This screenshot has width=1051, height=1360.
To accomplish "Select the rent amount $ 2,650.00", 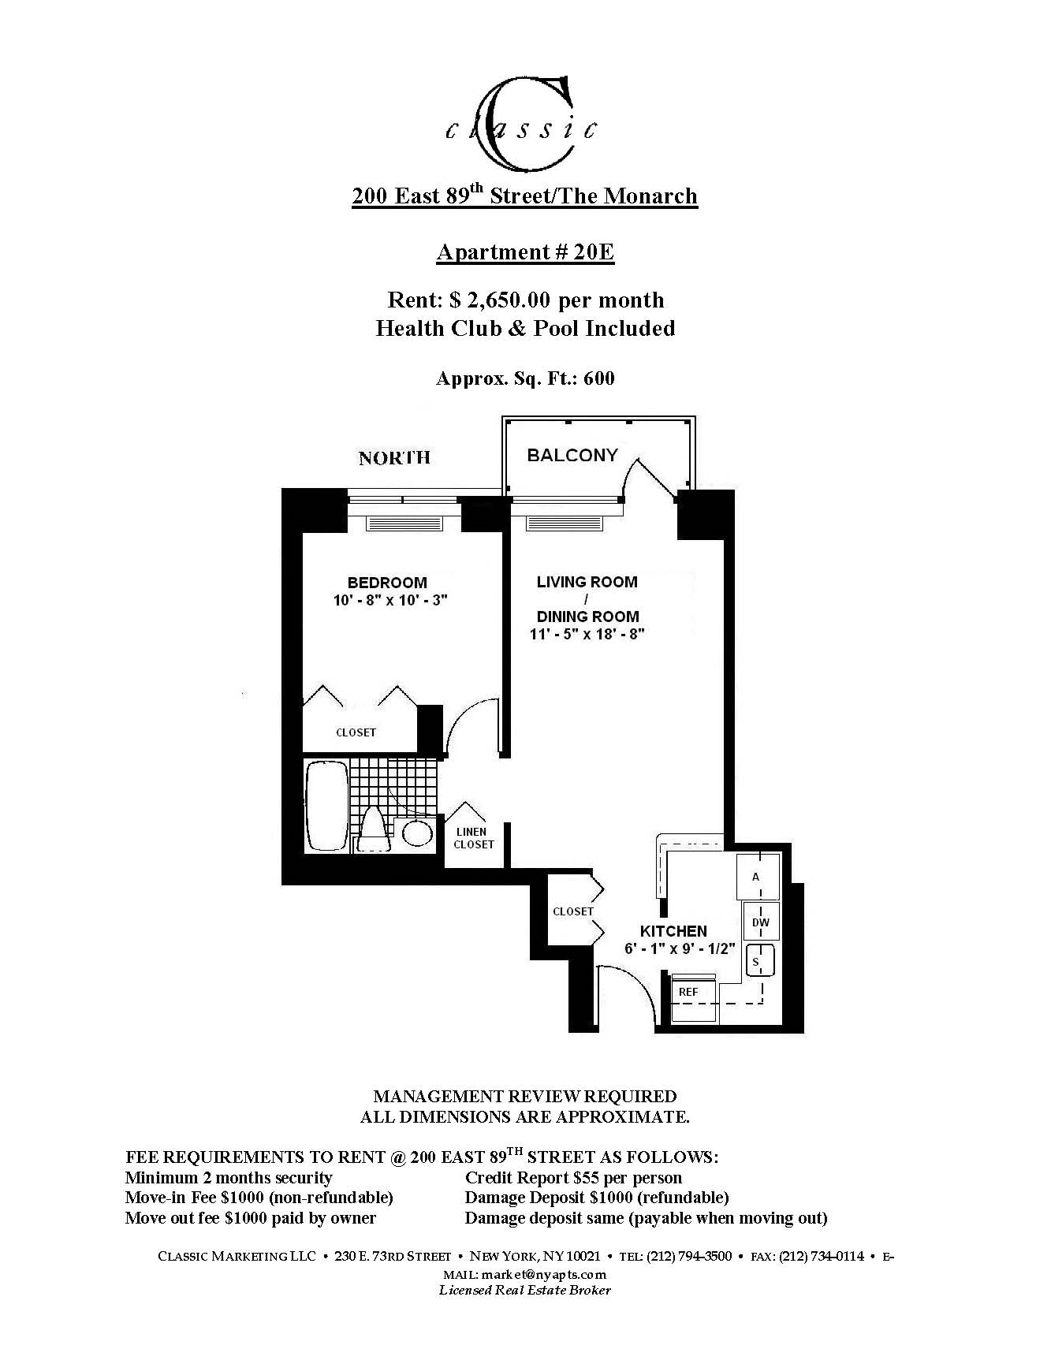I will click(x=501, y=300).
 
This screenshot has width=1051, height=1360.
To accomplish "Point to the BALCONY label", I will click(x=572, y=455).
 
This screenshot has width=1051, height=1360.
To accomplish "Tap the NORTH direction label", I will click(x=394, y=458).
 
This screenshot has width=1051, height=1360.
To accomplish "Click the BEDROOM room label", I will click(x=387, y=583).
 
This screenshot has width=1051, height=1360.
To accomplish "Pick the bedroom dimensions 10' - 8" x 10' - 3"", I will click(x=390, y=600).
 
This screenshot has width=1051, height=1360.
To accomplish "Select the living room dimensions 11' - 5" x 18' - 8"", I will click(x=587, y=634).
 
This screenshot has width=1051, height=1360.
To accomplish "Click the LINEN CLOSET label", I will click(x=473, y=838).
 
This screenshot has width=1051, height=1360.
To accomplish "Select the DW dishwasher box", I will click(x=761, y=922).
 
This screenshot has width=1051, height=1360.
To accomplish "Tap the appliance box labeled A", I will click(x=757, y=877).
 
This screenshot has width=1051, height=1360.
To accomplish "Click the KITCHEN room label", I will click(x=673, y=931).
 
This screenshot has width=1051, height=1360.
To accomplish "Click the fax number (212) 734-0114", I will click(x=822, y=1256).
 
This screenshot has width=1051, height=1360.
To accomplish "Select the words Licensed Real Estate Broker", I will click(x=525, y=1291).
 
